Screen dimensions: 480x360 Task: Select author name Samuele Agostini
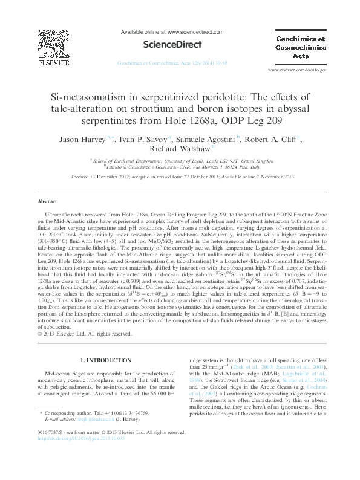203,139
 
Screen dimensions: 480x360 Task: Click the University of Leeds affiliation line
180,161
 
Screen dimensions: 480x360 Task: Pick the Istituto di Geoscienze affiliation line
180,167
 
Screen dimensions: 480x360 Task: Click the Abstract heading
47,201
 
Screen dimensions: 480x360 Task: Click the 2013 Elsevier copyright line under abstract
85,332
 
